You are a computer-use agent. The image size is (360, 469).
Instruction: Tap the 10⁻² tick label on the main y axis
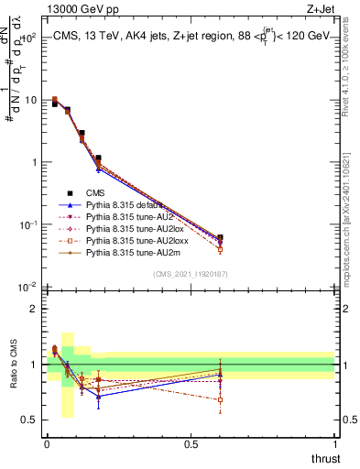click(x=27, y=287)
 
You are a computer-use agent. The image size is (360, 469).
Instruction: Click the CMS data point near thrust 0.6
click(x=220, y=237)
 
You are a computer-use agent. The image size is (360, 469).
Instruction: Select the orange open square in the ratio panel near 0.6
click(x=220, y=400)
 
